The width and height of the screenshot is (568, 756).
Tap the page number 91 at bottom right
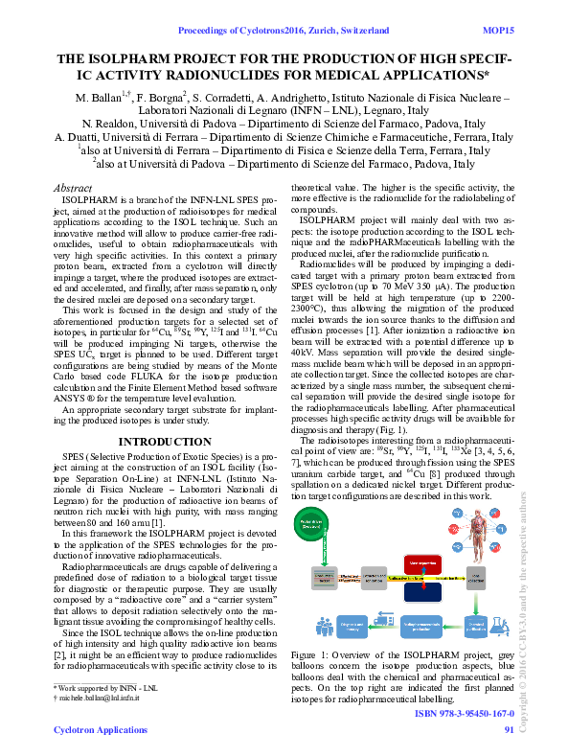click(509, 730)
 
